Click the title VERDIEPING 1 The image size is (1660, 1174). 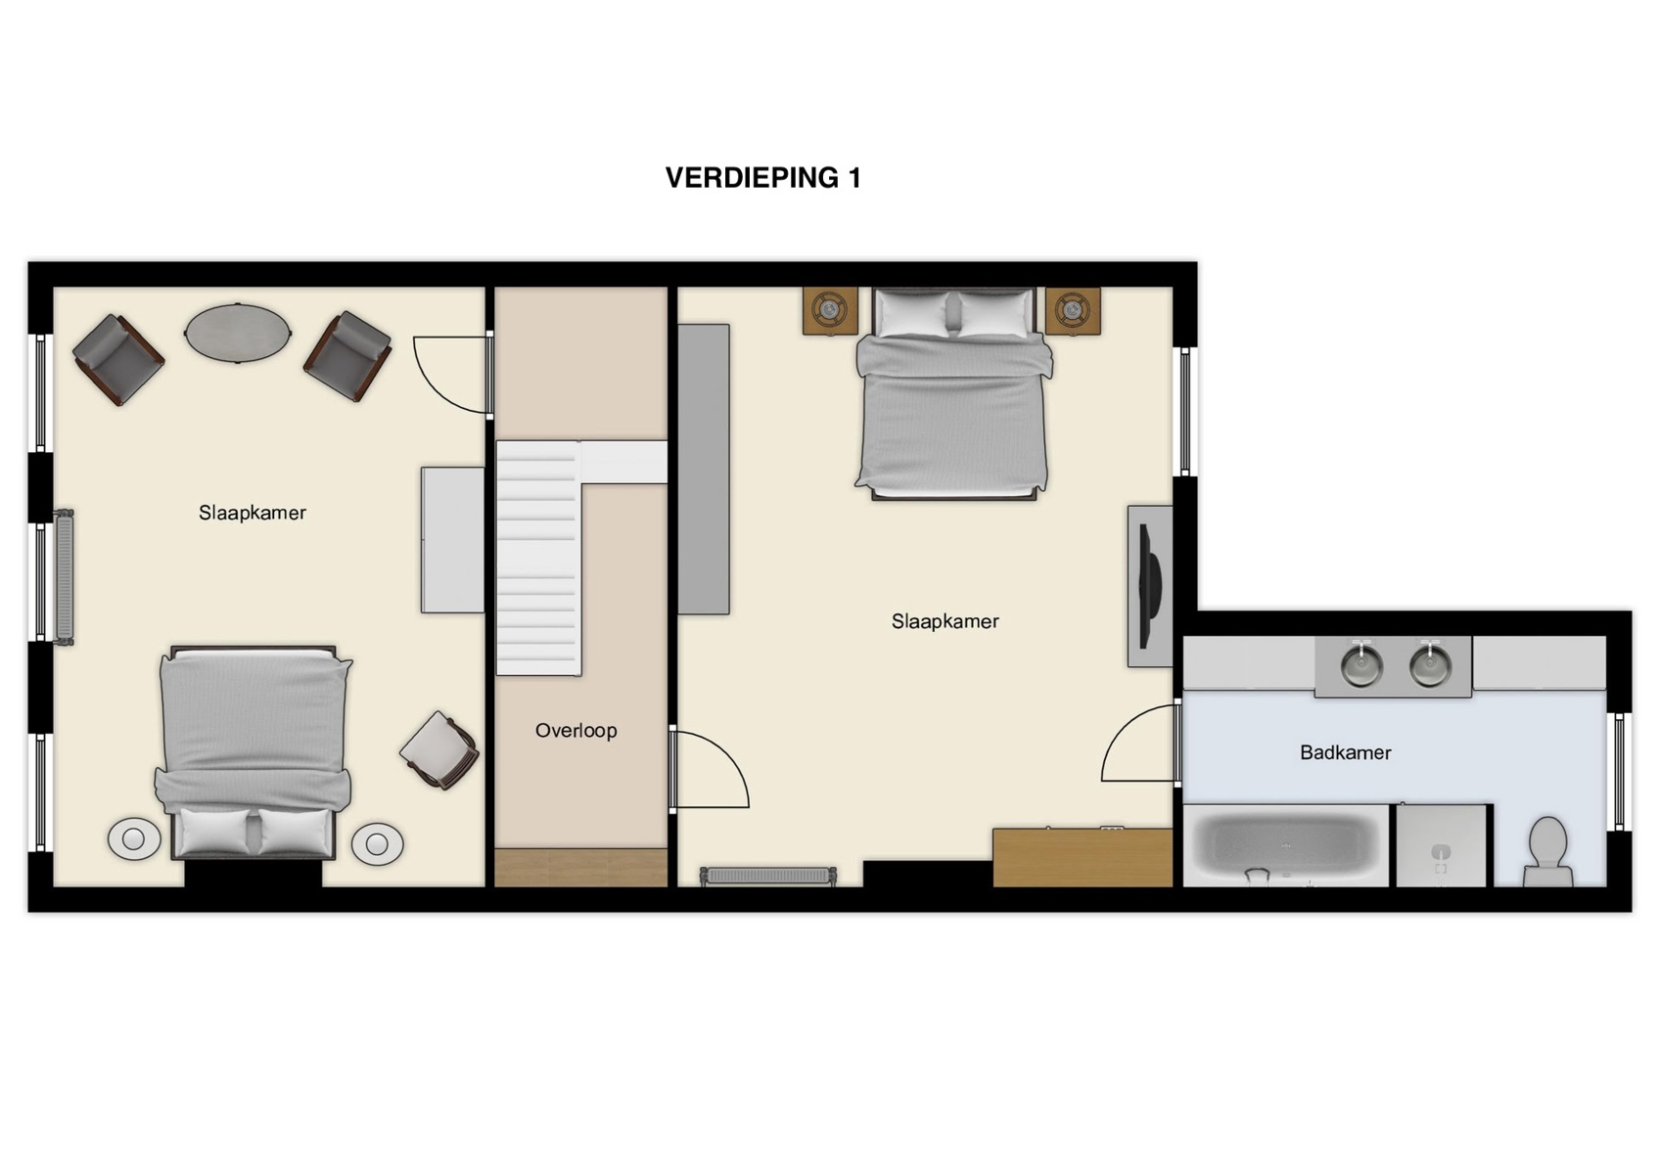762,177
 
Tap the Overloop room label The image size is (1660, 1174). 576,730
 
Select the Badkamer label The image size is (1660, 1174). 1345,752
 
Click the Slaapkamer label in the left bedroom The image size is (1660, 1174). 253,513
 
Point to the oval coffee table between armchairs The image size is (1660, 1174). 238,333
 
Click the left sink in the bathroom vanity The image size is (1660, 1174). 1360,665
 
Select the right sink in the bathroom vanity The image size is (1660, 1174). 1430,665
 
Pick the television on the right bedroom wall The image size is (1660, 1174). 1150,585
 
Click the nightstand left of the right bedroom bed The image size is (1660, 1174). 830,311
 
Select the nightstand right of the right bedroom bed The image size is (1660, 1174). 1073,311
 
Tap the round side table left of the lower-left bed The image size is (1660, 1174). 134,838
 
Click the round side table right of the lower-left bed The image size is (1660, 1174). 377,843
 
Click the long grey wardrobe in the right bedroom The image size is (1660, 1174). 704,470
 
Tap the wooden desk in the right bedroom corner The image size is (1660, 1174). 1083,857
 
